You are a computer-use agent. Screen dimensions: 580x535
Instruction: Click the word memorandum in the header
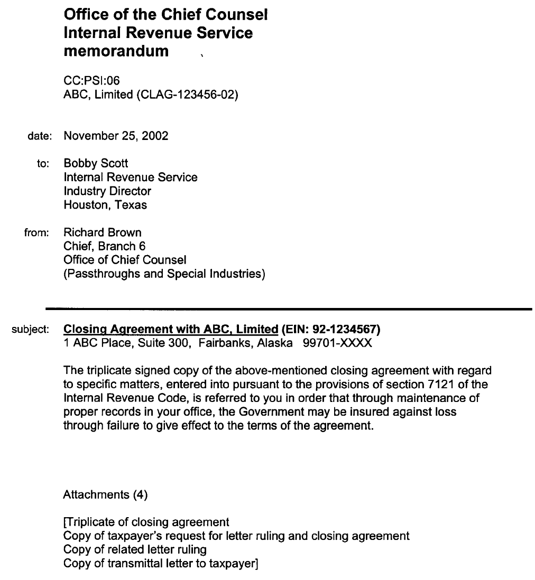(116, 51)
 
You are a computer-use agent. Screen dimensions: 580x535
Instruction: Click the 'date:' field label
(39, 136)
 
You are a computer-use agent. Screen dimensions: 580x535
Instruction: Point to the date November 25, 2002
(116, 136)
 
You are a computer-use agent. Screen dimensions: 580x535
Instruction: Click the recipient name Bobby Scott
(96, 163)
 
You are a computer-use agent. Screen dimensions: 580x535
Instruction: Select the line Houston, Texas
(105, 204)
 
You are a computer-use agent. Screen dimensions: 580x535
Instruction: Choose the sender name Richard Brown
(103, 232)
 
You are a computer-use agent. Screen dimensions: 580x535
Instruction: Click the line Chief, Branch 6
(104, 246)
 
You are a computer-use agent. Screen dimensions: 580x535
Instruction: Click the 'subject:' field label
(31, 330)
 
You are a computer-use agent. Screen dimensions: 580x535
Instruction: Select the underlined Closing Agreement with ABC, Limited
(170, 329)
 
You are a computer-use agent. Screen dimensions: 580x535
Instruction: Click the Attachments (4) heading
(105, 494)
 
